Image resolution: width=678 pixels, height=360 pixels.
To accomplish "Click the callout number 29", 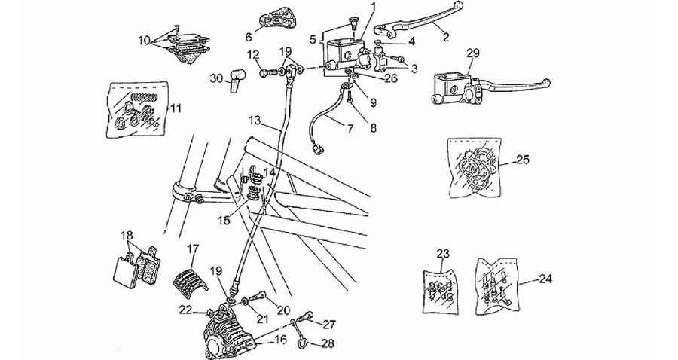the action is [473, 53].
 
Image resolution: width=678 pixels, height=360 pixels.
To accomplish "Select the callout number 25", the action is [522, 160].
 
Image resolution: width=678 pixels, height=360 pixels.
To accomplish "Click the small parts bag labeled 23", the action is [440, 288].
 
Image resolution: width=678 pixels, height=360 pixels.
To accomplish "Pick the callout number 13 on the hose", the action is [255, 120].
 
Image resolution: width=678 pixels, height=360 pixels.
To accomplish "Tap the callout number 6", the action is [249, 37].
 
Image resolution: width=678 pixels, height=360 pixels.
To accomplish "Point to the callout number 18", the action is [127, 236].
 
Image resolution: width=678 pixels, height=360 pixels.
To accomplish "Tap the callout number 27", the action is [329, 325].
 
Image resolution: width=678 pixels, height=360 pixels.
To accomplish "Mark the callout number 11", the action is [175, 108].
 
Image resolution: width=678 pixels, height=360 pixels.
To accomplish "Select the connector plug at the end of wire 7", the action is [317, 149].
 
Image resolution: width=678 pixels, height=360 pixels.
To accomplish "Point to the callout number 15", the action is [224, 220].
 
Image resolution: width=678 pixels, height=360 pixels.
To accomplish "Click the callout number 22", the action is [185, 310].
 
